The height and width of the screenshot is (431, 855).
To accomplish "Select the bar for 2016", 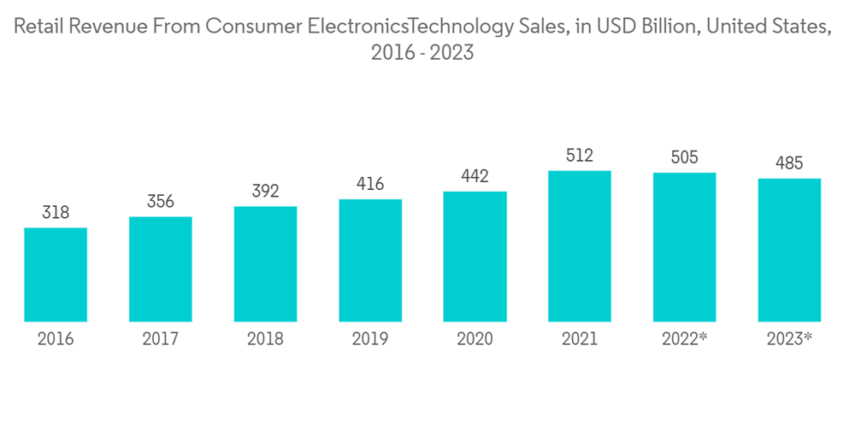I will coord(56,275).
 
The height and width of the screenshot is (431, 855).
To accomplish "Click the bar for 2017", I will coord(161,269).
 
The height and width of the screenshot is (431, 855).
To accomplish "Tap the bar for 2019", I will coord(370,261).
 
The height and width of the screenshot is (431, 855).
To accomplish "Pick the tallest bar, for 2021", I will coord(580,246).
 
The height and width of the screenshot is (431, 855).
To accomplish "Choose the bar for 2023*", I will coord(789,250).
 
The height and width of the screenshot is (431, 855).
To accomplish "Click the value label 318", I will coord(56,213).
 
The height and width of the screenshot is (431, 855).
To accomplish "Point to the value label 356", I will coord(161,202).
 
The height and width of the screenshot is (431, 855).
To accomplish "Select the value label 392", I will coord(265,192).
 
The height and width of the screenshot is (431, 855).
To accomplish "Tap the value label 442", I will coord(475,176).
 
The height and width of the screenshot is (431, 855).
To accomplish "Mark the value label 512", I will coord(580,156).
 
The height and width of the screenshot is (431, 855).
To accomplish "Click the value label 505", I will coord(684,157).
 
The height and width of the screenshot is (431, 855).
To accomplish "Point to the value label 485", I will coord(789,163).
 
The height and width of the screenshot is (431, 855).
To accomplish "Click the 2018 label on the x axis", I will coord(265,339).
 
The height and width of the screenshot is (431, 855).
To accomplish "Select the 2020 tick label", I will coord(475,339).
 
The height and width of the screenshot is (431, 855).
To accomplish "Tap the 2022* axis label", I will coord(685,339).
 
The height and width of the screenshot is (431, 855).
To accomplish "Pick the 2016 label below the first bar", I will coord(56,339).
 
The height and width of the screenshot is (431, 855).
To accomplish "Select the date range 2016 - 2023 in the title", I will coord(422,53).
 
